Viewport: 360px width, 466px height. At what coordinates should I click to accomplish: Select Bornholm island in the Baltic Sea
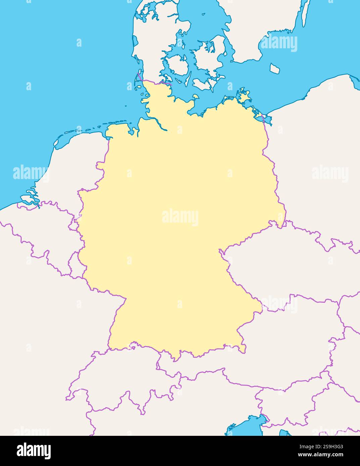click(275, 69)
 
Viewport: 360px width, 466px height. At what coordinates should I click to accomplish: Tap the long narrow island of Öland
click(305, 13)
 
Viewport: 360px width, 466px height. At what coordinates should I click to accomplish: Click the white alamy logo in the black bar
click(34, 451)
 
